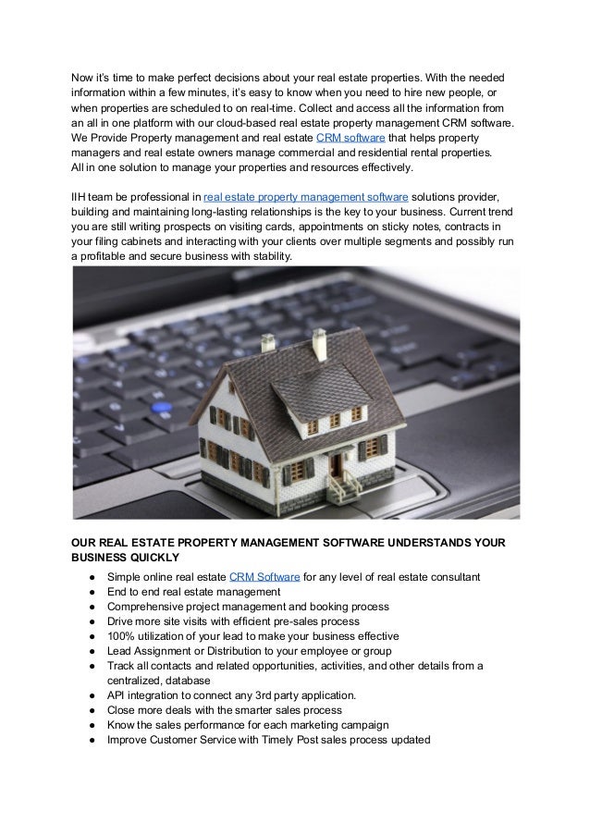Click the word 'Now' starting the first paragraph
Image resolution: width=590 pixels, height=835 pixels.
(x=83, y=79)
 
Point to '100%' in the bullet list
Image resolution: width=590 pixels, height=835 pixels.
(x=122, y=635)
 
